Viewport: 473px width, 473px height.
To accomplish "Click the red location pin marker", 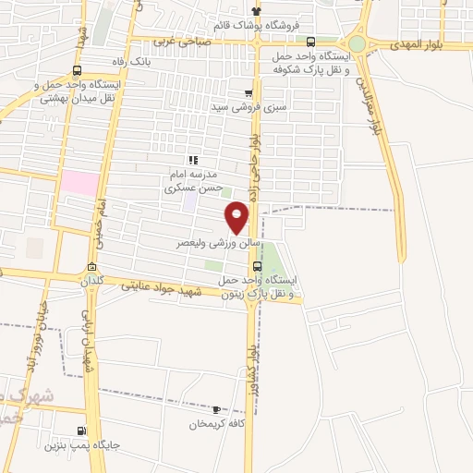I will pyautogui.click(x=237, y=217).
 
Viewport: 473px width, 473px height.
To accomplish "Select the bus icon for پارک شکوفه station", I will pyautogui.click(x=309, y=42).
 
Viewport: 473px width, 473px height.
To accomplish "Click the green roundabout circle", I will pyautogui.click(x=357, y=43).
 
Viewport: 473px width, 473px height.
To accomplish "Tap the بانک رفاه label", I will pyautogui.click(x=127, y=61).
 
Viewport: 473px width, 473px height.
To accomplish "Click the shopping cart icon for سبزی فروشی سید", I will pyautogui.click(x=248, y=93).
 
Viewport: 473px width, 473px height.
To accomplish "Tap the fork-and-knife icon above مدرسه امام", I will pyautogui.click(x=192, y=159).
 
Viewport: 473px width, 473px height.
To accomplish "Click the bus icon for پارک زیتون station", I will pyautogui.click(x=257, y=265).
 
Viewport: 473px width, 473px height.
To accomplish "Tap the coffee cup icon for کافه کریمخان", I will pyautogui.click(x=216, y=409).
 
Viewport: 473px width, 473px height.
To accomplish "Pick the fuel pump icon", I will pyautogui.click(x=81, y=430).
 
